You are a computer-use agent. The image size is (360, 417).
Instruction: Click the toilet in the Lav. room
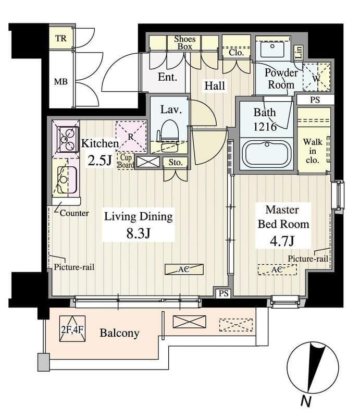pos(169,133)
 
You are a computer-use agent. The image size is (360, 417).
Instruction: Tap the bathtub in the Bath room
pos(267,154)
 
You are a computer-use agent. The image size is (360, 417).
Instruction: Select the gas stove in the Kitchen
pos(68,139)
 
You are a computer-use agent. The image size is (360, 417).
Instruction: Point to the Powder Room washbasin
pos(272,48)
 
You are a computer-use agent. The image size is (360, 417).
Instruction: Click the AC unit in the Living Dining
pos(184,269)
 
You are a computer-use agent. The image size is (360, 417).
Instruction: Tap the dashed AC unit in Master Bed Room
pos(277,269)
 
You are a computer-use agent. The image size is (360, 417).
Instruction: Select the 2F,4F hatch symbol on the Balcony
pos(72,329)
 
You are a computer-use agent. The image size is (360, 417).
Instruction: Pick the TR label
pos(61,38)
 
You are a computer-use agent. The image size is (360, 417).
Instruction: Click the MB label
pos(61,82)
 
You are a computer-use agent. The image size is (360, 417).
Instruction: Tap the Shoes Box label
pos(185,43)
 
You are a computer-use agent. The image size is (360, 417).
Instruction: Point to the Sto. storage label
pos(176,162)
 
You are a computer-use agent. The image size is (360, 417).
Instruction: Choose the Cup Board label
pos(126,161)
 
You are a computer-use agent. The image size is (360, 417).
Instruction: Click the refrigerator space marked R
pos(131,137)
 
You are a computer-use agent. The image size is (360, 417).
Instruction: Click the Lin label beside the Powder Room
pos(299,52)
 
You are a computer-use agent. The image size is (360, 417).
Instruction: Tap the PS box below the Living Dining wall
pos(224,293)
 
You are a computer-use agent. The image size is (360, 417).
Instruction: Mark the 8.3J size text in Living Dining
pos(139,234)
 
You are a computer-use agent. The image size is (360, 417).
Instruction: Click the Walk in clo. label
pos(313,151)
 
